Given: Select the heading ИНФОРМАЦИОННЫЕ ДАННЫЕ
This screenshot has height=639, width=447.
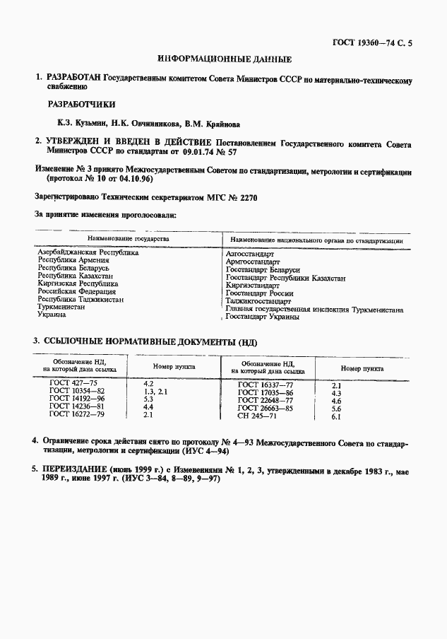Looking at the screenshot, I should point(224,59).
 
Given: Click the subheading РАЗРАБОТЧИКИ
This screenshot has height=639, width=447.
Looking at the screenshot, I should point(81,104).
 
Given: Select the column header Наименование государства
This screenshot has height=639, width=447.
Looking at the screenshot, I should point(128,240).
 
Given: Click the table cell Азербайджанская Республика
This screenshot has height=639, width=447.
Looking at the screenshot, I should point(88,253).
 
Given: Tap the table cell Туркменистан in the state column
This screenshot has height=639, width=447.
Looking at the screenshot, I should point(68,308).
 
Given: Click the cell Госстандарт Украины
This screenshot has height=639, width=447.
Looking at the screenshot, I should point(261,317).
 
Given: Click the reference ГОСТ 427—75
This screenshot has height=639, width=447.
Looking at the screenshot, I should point(73,383).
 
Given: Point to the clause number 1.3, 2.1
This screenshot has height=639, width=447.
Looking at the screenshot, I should point(155,392).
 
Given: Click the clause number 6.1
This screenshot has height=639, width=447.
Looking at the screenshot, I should point(336,417).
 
